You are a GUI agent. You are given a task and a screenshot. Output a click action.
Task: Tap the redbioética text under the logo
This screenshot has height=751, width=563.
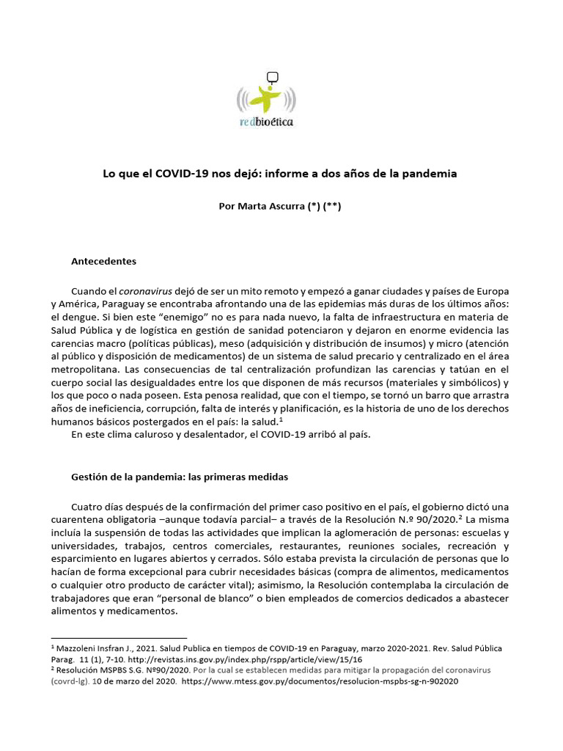pos(267,122)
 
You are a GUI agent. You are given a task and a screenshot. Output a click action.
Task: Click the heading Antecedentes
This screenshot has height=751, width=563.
pos(103,261)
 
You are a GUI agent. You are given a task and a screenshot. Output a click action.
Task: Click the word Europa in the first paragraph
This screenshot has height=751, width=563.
pos(491,290)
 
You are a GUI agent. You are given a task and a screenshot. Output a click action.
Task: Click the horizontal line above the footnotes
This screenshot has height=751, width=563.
pos(119,638)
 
